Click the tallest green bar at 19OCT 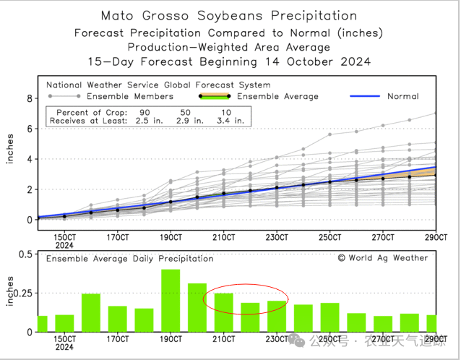pos(171,301)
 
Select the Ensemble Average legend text pos(277,96)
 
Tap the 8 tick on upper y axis pos(30,98)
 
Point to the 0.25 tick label pos(22,293)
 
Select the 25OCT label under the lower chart pos(329,340)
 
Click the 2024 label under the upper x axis pos(64,246)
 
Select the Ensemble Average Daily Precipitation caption pos(130,258)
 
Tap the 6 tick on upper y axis pos(30,129)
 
